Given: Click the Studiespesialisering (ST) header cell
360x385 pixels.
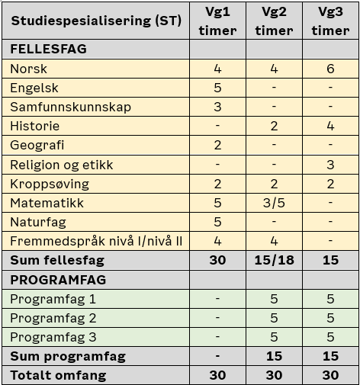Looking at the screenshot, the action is pyautogui.click(x=95, y=21).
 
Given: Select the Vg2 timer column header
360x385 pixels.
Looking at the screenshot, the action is pyautogui.click(x=274, y=21).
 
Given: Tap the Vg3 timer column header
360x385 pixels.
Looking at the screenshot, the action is pyautogui.click(x=330, y=21).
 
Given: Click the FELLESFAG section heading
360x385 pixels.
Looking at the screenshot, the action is pyautogui.click(x=48, y=49).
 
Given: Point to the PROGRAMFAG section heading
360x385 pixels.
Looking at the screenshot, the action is pyautogui.click(x=58, y=280).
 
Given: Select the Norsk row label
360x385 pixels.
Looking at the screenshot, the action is pyautogui.click(x=29, y=69).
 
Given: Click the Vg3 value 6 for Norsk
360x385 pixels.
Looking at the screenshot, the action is pyautogui.click(x=330, y=69).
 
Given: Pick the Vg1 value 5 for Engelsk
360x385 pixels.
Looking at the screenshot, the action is pyautogui.click(x=217, y=88).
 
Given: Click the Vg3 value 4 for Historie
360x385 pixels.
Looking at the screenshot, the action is pyautogui.click(x=330, y=126).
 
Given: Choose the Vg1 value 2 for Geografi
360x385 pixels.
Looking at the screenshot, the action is pyautogui.click(x=217, y=145).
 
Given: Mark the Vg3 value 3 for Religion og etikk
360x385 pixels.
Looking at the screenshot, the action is pyautogui.click(x=330, y=165).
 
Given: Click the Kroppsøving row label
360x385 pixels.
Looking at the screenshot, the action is pyautogui.click(x=50, y=184).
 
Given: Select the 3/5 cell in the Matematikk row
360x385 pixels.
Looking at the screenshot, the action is pyautogui.click(x=274, y=203).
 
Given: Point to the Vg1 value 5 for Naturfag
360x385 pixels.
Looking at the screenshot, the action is pyautogui.click(x=217, y=222).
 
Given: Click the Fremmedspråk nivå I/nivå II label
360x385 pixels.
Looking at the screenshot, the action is pyautogui.click(x=96, y=242).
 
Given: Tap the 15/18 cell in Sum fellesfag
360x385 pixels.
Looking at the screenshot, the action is pyautogui.click(x=274, y=261).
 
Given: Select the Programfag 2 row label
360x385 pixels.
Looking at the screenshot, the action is pyautogui.click(x=53, y=318).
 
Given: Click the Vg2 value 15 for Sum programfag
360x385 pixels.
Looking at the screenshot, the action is pyautogui.click(x=274, y=356).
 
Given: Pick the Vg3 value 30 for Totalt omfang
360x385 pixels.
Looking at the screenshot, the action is pyautogui.click(x=330, y=375).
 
